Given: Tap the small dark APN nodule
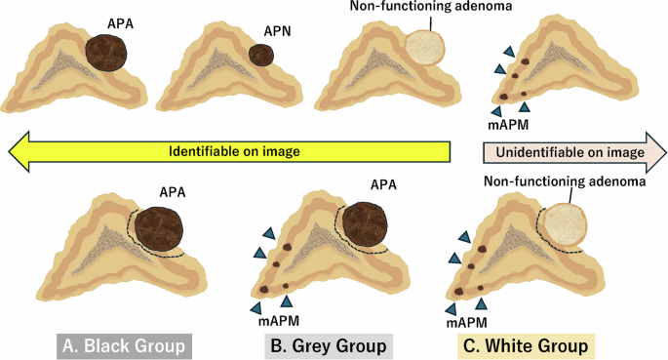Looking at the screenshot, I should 260,54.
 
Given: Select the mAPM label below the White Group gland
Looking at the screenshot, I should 466,319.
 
